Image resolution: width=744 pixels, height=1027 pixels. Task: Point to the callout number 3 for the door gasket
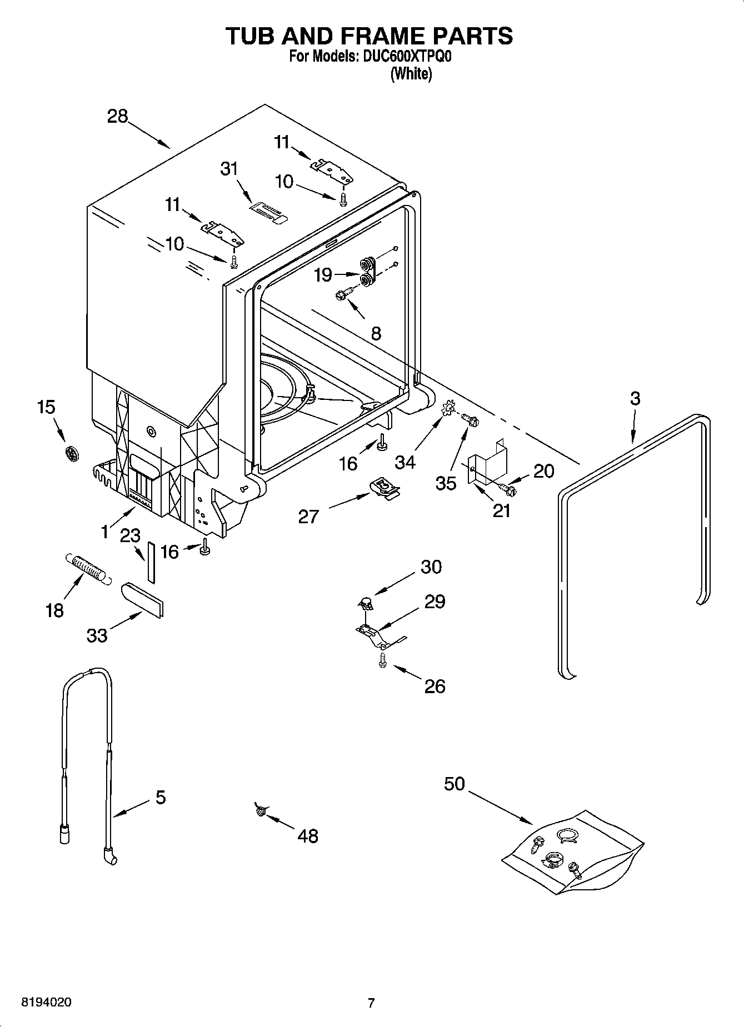[635, 398]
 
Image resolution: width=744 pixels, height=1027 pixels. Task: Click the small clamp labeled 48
[259, 810]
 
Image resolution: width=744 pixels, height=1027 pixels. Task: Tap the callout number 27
[308, 517]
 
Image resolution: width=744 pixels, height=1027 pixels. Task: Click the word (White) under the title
[411, 74]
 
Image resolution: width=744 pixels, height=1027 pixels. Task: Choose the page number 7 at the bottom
[371, 1003]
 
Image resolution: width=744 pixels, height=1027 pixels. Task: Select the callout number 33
[97, 635]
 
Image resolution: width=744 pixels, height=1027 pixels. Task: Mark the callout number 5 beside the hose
[160, 798]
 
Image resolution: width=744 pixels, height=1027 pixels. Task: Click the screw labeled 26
[382, 660]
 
